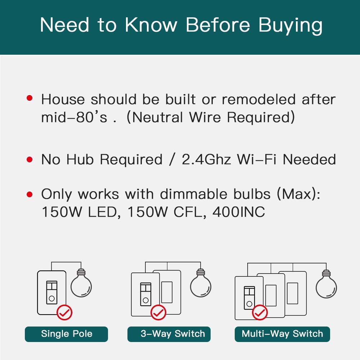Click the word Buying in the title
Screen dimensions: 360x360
291,26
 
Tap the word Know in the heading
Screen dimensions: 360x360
151,24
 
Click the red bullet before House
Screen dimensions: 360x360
30,98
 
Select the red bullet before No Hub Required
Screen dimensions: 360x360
30,159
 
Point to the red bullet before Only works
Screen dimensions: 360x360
30,194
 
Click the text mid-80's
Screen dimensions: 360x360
74,117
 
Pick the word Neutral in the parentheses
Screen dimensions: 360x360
158,117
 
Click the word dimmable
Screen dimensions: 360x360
194,194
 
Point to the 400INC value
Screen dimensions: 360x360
239,212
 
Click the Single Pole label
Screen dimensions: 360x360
67,334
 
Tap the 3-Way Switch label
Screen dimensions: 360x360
173,334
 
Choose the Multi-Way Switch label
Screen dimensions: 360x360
282,334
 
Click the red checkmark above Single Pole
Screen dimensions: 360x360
64,312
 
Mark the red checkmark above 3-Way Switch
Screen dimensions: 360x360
158,312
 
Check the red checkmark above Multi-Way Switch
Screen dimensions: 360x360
260,312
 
